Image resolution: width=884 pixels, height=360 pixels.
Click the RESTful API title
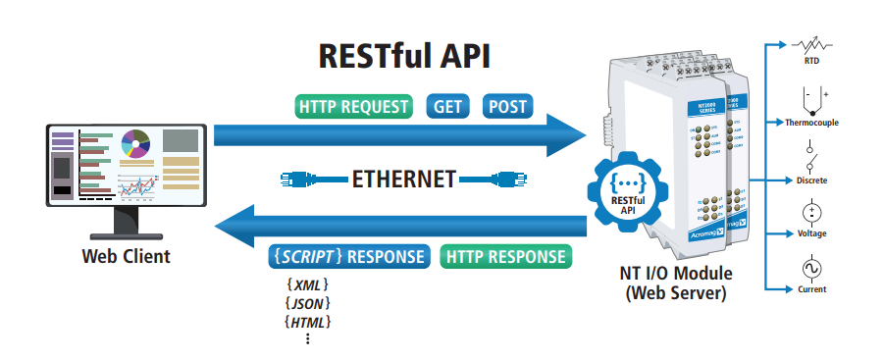pyautogui.click(x=404, y=56)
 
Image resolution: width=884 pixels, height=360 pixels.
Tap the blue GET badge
pyautogui.click(x=447, y=106)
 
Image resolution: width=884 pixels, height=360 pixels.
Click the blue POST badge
pyautogui.click(x=507, y=106)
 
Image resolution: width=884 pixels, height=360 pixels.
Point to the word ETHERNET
pyautogui.click(x=403, y=179)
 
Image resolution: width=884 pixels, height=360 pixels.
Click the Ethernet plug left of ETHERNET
pyautogui.click(x=309, y=179)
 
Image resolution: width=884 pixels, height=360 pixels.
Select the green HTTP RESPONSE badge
pyautogui.click(x=506, y=256)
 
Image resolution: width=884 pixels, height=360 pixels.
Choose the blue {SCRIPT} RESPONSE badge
pyautogui.click(x=349, y=256)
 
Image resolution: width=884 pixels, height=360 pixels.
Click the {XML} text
pyautogui.click(x=307, y=284)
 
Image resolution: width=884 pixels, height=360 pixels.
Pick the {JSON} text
pyautogui.click(x=307, y=303)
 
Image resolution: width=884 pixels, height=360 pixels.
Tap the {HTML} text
pyautogui.click(x=307, y=322)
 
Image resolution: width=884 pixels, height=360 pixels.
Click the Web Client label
pyautogui.click(x=126, y=257)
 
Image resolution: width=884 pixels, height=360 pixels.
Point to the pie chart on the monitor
pyautogui.click(x=134, y=145)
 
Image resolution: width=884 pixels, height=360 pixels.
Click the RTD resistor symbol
pyautogui.click(x=810, y=45)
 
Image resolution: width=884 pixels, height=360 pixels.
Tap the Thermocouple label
pyautogui.click(x=811, y=123)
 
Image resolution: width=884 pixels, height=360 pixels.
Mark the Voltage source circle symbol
pyautogui.click(x=811, y=212)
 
